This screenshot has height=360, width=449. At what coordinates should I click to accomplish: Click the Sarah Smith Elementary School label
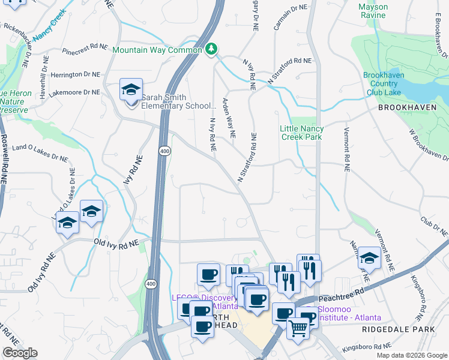pyautogui.click(x=178, y=101)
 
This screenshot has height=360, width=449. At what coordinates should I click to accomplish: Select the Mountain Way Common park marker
pyautogui.click(x=211, y=49)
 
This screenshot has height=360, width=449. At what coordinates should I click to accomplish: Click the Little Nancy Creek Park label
pyautogui.click(x=302, y=133)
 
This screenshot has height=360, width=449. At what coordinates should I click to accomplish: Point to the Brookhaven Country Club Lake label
pyautogui.click(x=383, y=84)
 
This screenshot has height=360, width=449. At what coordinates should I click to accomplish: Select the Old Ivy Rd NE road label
pyautogui.click(x=116, y=242)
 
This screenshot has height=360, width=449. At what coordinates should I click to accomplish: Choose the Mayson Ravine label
pyautogui.click(x=373, y=11)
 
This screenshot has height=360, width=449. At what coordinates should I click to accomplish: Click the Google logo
pyautogui.click(x=20, y=353)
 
